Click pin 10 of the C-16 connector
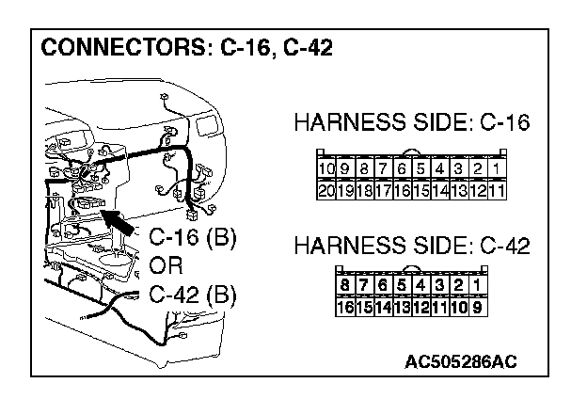[326, 171]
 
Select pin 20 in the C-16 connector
[326, 189]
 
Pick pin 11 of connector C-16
[499, 189]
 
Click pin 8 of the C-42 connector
[344, 285]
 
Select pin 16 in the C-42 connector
[344, 306]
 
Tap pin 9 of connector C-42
[477, 306]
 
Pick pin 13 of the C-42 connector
[402, 306]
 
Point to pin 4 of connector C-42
[420, 285]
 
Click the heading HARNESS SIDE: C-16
[412, 123]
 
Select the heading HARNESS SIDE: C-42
[412, 247]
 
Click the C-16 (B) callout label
[193, 236]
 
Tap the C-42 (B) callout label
[193, 295]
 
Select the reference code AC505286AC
[461, 360]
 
